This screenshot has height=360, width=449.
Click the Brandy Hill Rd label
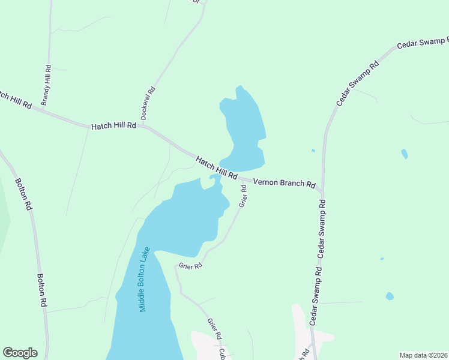47,86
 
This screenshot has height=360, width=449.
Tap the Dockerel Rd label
148,103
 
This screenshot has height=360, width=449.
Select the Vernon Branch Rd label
284,183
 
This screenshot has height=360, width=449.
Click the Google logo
20,353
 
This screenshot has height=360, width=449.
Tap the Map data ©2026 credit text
423,355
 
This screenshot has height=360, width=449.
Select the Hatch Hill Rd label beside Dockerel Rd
114,127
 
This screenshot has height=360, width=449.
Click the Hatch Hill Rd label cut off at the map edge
14,100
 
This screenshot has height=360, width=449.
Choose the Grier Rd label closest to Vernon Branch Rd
243,196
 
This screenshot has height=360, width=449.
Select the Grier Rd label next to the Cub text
214,329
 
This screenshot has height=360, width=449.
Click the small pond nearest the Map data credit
390,296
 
